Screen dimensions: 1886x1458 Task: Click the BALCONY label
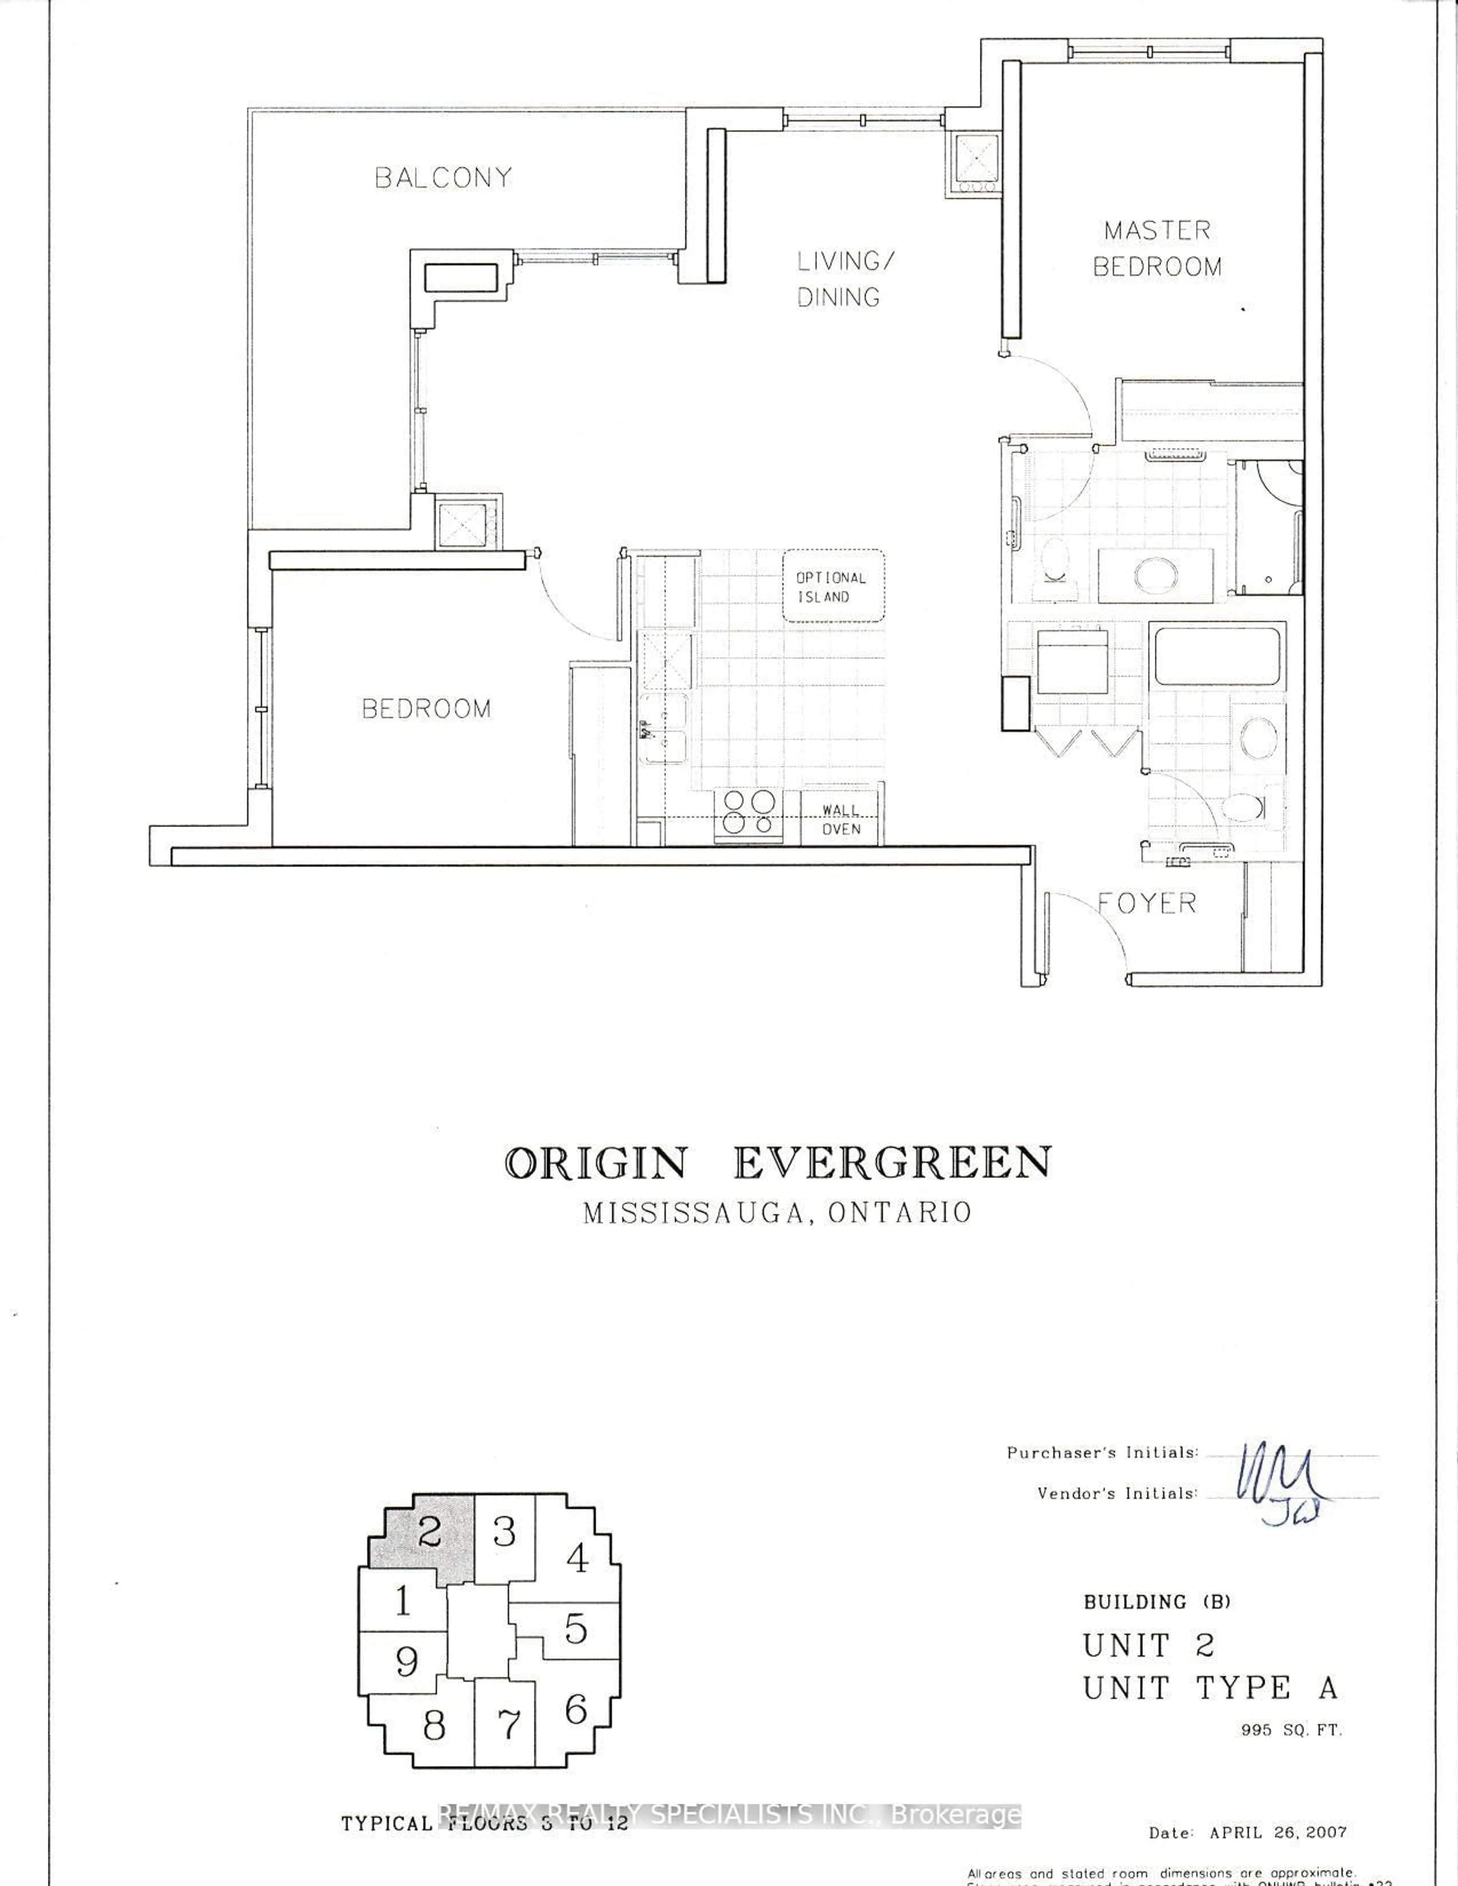pos(443,178)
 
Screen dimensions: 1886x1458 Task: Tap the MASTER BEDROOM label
pos(1157,249)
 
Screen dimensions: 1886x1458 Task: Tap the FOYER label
pos(1147,903)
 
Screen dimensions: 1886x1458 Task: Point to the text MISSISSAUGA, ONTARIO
pos(777,1212)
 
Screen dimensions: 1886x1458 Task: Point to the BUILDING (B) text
pos(1157,1602)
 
